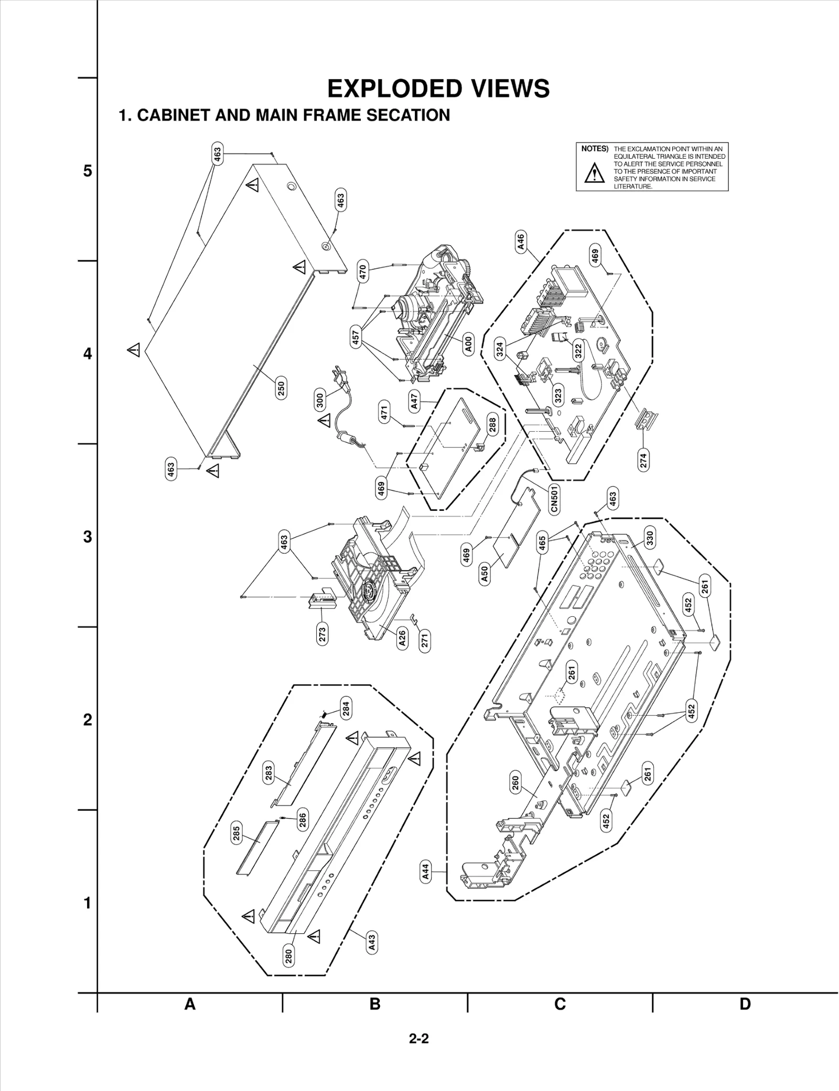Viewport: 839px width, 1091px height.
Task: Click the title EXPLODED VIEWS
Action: pos(438,89)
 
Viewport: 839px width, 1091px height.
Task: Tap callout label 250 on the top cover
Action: pos(281,389)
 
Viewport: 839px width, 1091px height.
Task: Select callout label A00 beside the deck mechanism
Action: pos(469,344)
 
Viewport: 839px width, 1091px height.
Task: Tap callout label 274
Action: pos(643,460)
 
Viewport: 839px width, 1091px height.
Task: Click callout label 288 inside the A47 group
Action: pos(492,424)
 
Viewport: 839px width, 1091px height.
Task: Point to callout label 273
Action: pos(322,634)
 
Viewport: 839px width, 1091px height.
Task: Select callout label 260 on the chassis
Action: pos(515,783)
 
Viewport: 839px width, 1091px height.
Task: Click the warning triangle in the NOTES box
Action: pos(594,172)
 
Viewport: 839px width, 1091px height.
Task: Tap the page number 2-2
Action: pos(419,1038)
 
